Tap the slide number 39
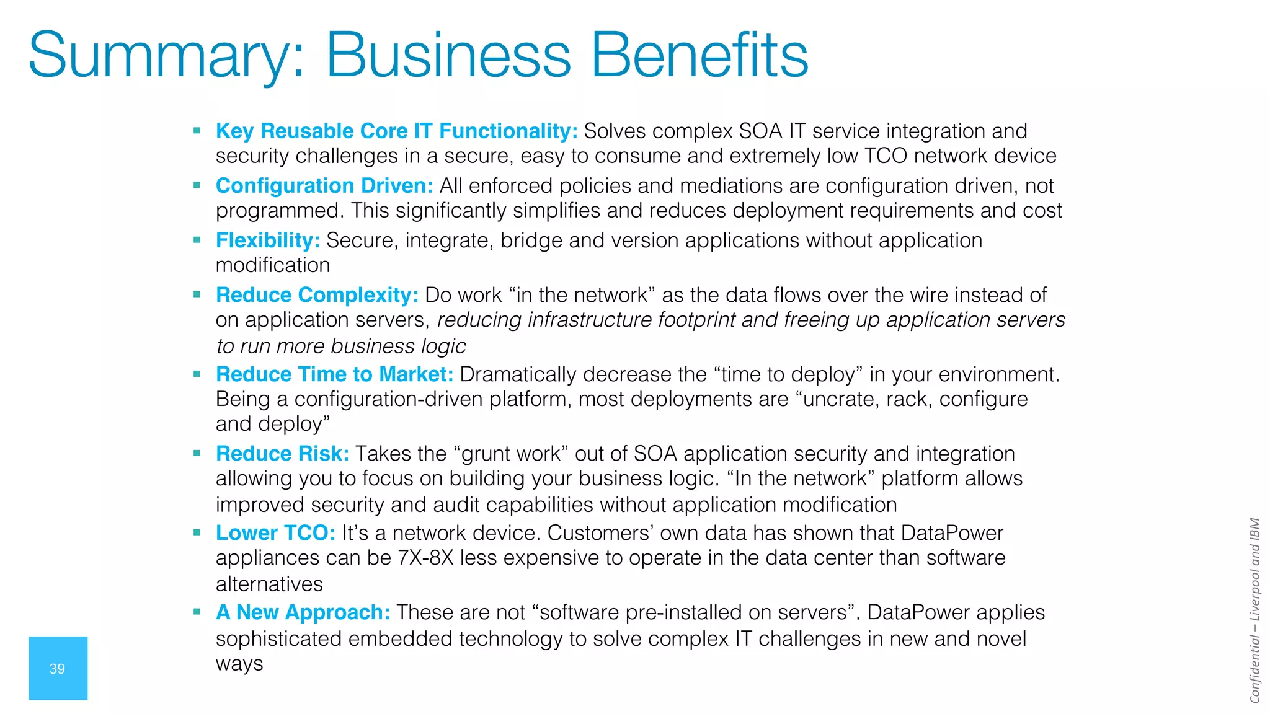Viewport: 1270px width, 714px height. [57, 669]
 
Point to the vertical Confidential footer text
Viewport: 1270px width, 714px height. [1254, 610]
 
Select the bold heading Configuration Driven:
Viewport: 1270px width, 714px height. [324, 186]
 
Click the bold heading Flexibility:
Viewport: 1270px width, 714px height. [268, 240]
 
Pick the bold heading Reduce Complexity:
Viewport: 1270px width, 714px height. [317, 295]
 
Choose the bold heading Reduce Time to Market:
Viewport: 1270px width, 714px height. [334, 374]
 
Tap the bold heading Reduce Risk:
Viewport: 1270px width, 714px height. [282, 454]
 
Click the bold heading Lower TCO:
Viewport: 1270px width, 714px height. [275, 533]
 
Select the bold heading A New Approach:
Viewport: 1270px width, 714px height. [303, 612]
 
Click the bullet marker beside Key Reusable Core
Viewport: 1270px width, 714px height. [197, 131]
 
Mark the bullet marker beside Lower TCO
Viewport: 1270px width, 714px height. [197, 532]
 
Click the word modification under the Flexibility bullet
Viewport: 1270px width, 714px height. [273, 265]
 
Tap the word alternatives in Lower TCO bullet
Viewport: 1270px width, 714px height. [269, 584]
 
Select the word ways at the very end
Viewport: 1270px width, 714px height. [239, 664]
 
